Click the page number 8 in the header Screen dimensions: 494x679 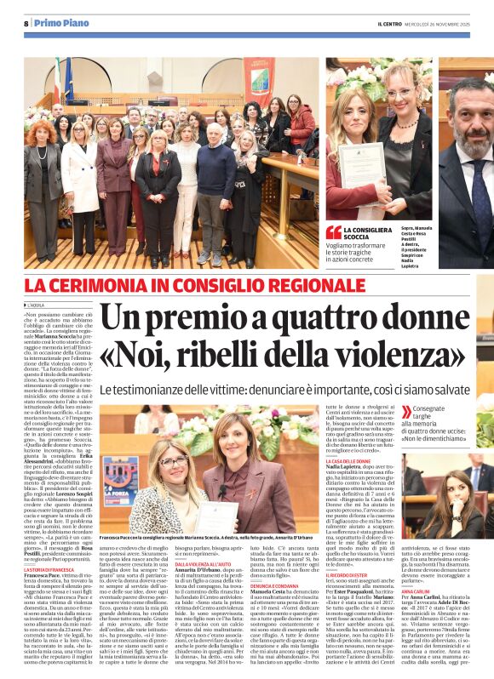pyautogui.click(x=26, y=24)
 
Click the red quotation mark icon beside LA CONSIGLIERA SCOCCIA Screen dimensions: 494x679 pyautogui.click(x=333, y=232)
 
